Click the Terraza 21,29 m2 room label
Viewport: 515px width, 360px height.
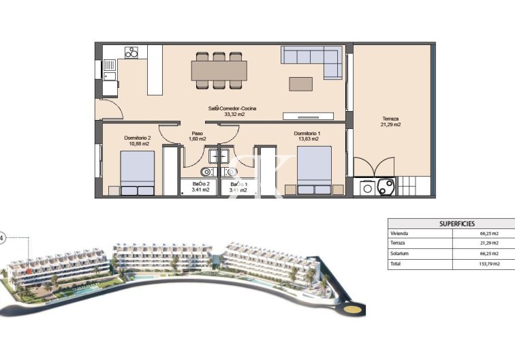pos(390,121)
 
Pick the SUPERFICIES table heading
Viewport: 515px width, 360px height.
pos(452,224)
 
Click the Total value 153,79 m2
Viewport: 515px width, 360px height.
pos(489,263)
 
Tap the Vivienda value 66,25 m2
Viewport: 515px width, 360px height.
pos(489,233)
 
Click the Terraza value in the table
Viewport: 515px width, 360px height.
pos(489,243)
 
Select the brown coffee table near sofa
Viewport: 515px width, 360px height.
pos(301,83)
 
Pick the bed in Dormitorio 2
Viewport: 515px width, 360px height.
pos(137,174)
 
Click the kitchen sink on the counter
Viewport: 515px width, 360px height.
pos(110,66)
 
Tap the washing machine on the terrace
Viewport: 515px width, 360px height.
pos(368,187)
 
